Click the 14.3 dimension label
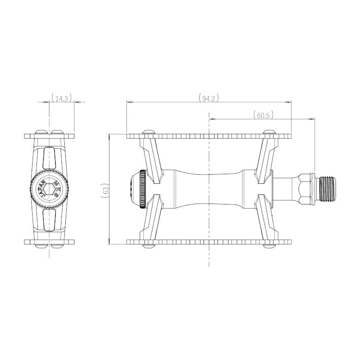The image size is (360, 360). (x=61, y=98)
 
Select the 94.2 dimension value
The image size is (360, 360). (x=209, y=98)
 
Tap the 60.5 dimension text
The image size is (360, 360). (x=263, y=115)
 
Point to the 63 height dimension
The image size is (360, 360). (x=106, y=190)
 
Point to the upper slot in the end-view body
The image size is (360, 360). (x=49, y=158)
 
